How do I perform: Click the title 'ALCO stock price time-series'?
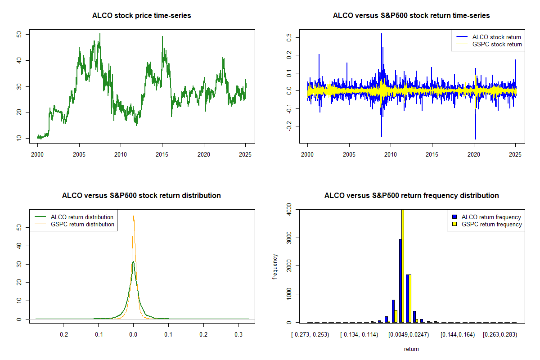click(x=142, y=16)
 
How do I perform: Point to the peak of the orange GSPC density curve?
click(x=133, y=216)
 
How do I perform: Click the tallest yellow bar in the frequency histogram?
click(x=402, y=265)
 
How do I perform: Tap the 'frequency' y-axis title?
click(x=275, y=266)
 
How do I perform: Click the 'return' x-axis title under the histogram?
click(x=411, y=349)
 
